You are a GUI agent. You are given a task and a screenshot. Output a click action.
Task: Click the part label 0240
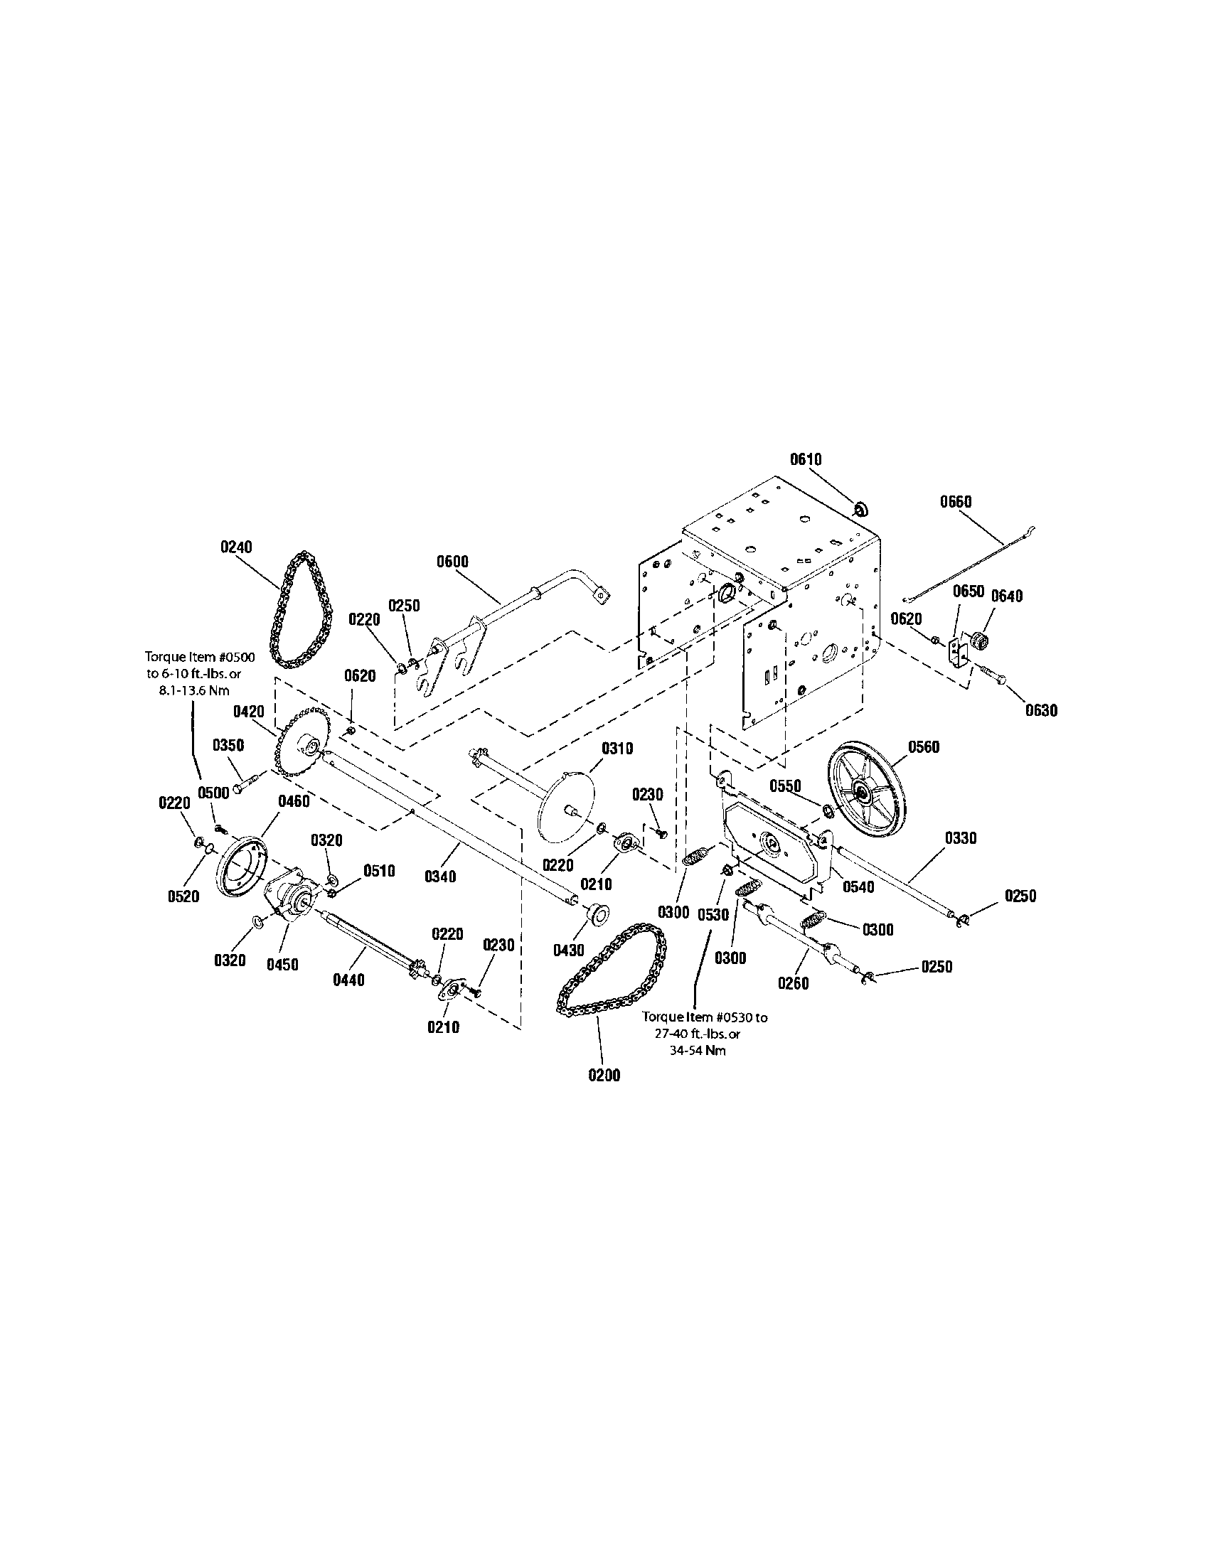[236, 547]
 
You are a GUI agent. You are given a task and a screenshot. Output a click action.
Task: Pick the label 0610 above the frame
[806, 459]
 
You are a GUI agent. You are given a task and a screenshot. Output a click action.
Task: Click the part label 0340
[439, 876]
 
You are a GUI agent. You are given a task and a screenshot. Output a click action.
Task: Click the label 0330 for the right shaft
[961, 838]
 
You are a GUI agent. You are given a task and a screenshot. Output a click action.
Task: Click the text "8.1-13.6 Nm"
[194, 691]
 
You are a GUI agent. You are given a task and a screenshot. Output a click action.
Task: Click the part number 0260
[794, 983]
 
